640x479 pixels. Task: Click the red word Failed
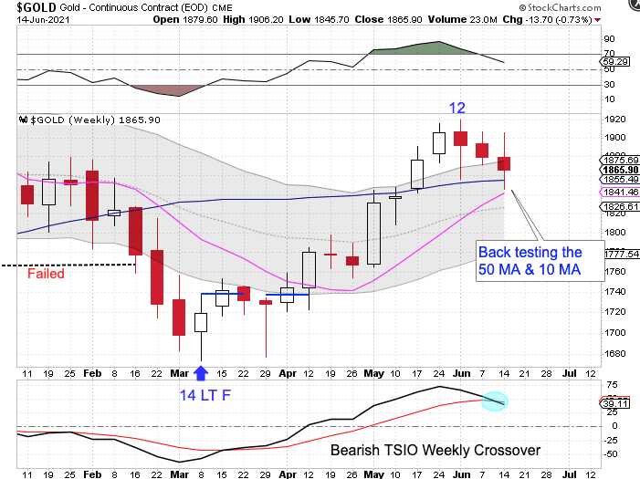pyautogui.click(x=46, y=273)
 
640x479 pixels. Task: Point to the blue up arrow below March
pyautogui.click(x=201, y=371)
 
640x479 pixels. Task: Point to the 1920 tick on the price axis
pyautogui.click(x=614, y=120)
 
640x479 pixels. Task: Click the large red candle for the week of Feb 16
pyautogui.click(x=135, y=231)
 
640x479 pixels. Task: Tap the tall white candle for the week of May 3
pyautogui.click(x=373, y=233)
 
